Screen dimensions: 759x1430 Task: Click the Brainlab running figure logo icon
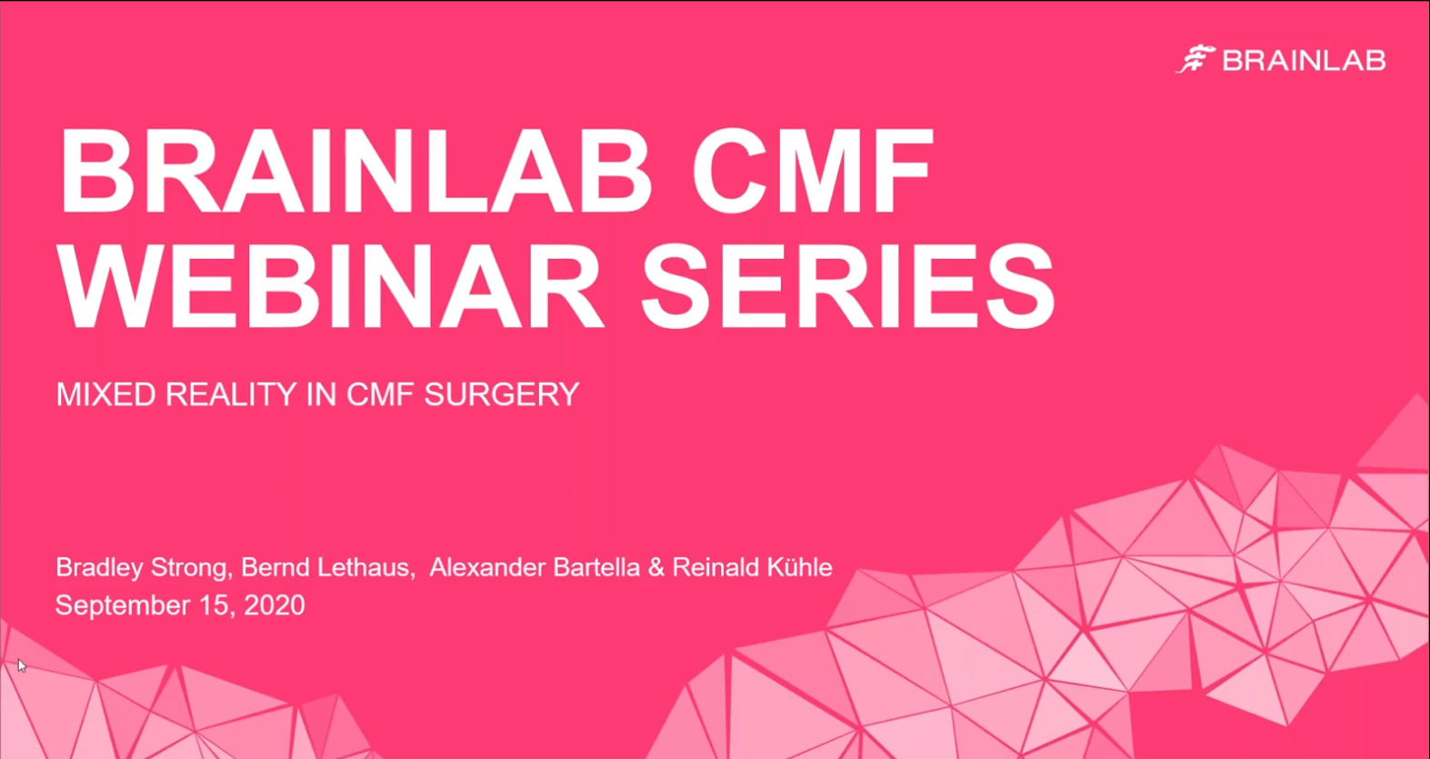(x=1195, y=60)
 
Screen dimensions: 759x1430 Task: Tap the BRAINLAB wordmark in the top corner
(x=1304, y=61)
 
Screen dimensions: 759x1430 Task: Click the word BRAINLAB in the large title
(x=355, y=172)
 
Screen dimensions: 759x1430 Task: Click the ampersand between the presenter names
(x=656, y=567)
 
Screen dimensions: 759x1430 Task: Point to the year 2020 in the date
(x=274, y=605)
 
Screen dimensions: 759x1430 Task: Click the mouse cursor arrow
(x=21, y=664)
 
